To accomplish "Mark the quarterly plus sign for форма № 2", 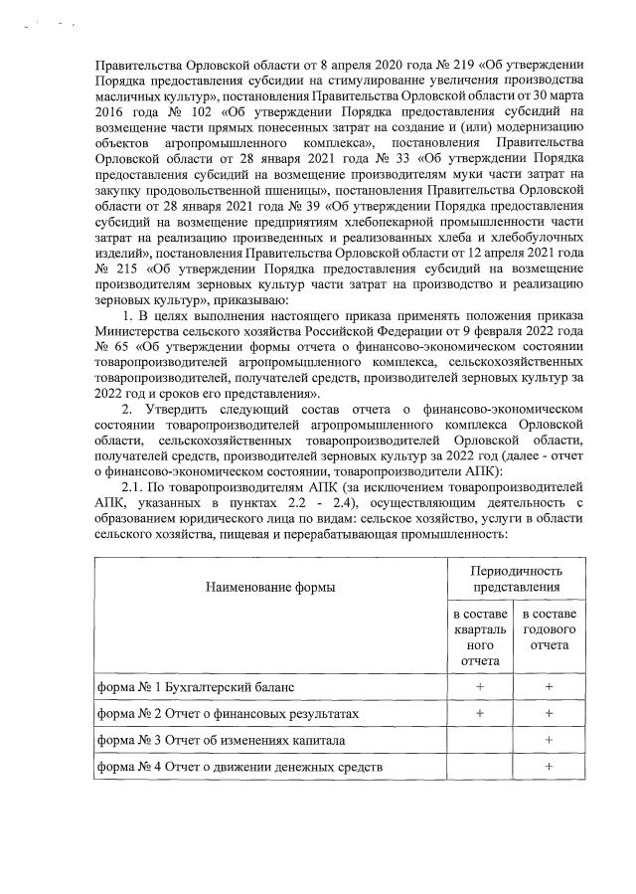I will point(480,713).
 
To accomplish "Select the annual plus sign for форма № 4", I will point(549,766).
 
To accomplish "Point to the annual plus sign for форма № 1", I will point(549,687).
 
